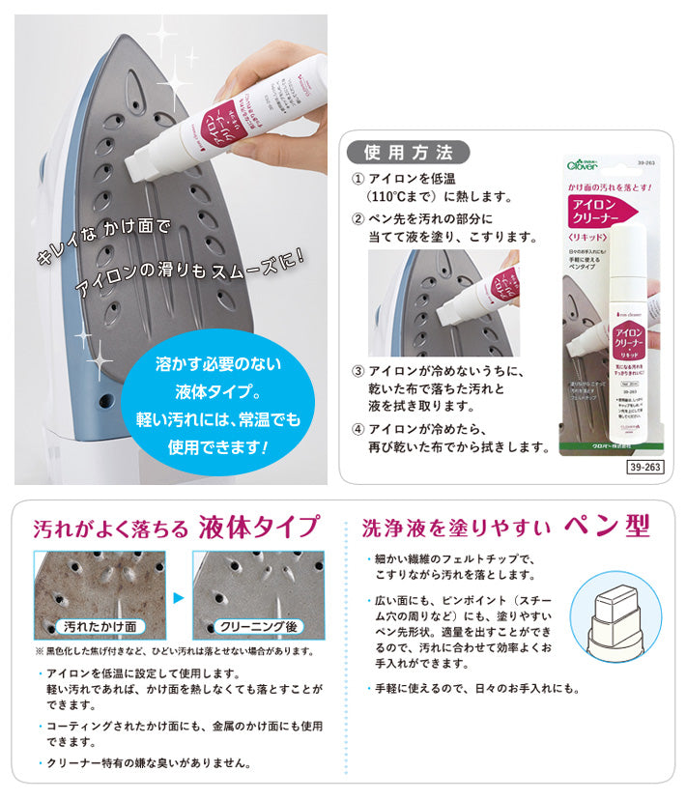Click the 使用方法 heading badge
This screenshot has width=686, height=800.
pyautogui.click(x=408, y=152)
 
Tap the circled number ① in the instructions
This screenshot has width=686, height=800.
pyautogui.click(x=357, y=180)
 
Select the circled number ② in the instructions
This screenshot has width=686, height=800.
pyautogui.click(x=357, y=219)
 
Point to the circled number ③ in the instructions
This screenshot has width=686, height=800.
pyautogui.click(x=357, y=371)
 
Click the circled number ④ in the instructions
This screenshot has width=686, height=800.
pyautogui.click(x=357, y=429)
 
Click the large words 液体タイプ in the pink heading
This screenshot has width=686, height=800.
pyautogui.click(x=258, y=528)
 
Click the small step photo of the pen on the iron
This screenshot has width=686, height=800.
pyautogui.click(x=443, y=303)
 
